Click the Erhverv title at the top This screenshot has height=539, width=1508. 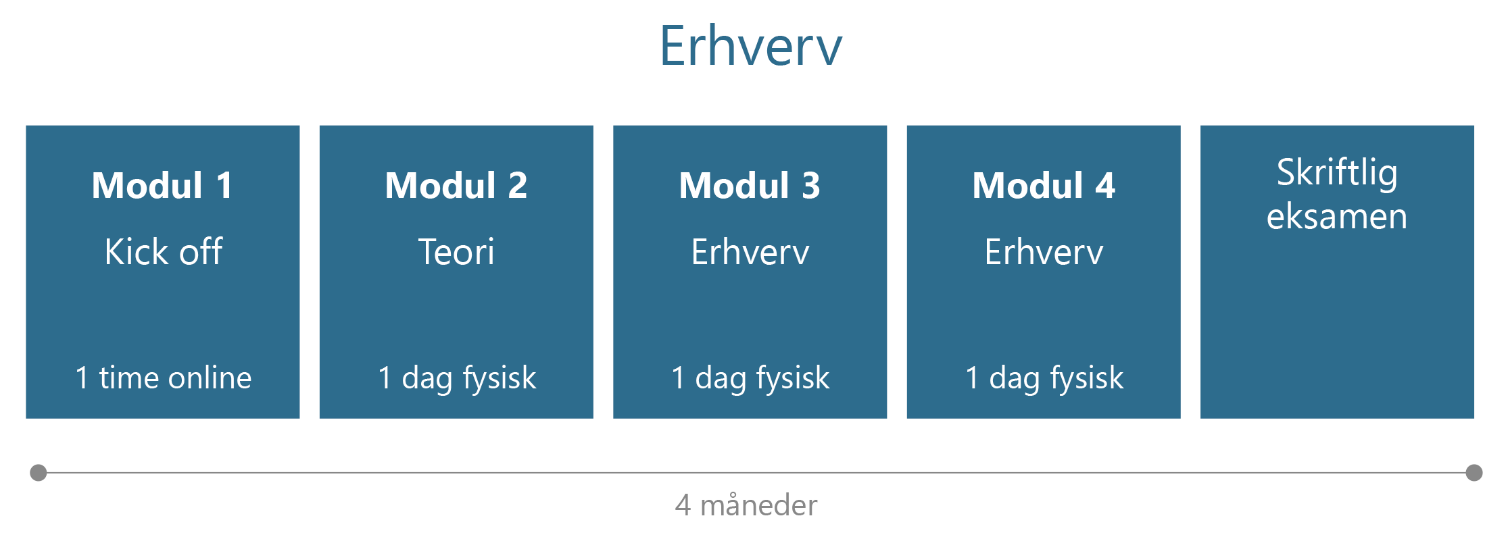point(751,46)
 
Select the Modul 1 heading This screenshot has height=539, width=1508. point(162,185)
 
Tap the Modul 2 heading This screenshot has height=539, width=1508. point(456,185)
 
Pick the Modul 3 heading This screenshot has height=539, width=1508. point(750,185)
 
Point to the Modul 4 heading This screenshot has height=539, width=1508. point(1044,185)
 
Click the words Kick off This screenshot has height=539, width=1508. point(164,251)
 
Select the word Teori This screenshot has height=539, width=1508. point(456,252)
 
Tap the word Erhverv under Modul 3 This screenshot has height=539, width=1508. point(750,252)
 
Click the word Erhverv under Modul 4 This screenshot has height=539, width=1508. point(1044,252)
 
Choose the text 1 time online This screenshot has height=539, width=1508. point(164,377)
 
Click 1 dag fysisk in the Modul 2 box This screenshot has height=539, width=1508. point(457,378)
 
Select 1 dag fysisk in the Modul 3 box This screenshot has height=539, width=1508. point(750,378)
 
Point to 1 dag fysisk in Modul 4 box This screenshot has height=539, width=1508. point(1044,378)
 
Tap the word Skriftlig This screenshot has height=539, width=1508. point(1337,173)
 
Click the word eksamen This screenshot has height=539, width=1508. point(1337,216)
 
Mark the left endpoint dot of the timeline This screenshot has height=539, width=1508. point(39,473)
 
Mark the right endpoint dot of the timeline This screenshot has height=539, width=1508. point(1474,473)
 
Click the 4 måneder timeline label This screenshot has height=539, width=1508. point(746,505)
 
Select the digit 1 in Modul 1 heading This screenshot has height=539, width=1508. point(224,185)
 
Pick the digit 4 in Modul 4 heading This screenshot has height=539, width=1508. point(1105,185)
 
